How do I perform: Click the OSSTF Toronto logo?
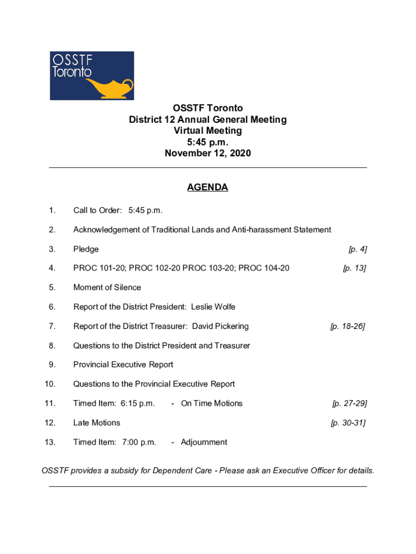click(92, 76)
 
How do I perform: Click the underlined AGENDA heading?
click(207, 188)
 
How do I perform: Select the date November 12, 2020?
click(207, 154)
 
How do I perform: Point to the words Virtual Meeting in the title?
click(207, 131)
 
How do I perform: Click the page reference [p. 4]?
click(358, 249)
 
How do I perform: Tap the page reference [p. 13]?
click(354, 268)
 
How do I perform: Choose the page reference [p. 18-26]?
click(348, 326)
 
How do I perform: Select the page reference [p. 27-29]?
click(350, 404)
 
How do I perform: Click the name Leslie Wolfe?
click(217, 307)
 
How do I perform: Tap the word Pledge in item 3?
click(86, 249)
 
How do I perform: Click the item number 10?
click(50, 384)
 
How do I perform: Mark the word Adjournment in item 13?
click(204, 443)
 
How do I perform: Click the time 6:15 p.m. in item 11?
click(137, 404)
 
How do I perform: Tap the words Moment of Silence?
click(107, 288)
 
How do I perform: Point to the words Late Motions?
click(97, 423)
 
